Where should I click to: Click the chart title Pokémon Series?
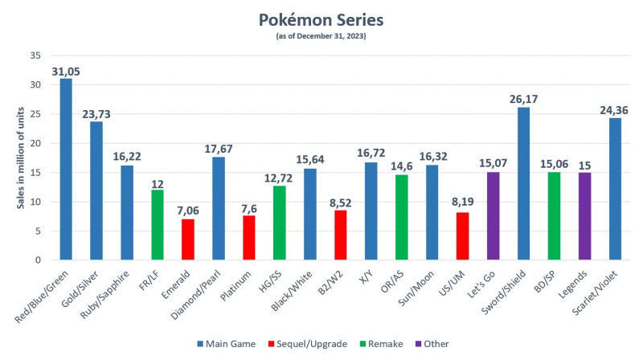pyautogui.click(x=321, y=18)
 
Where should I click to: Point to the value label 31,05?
pyautogui.click(x=66, y=72)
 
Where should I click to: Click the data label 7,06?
pyautogui.click(x=188, y=211)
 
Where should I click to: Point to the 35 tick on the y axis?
pyautogui.click(x=35, y=55)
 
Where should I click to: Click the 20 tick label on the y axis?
pyautogui.click(x=35, y=143)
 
